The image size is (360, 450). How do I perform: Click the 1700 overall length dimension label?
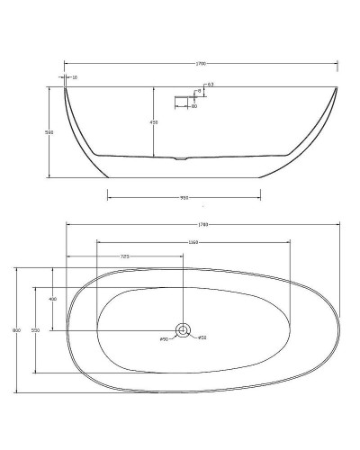pyautogui.click(x=199, y=63)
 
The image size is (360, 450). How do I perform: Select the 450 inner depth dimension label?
pyautogui.click(x=153, y=122)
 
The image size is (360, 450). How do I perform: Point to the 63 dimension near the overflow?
pyautogui.click(x=209, y=85)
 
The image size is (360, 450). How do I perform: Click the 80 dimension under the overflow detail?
pyautogui.click(x=193, y=106)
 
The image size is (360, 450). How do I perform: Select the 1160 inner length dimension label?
pyautogui.click(x=193, y=241)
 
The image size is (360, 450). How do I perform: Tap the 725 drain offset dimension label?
pyautogui.click(x=125, y=256)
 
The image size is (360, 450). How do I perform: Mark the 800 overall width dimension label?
pyautogui.click(x=16, y=330)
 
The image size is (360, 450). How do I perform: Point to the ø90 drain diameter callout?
pyautogui.click(x=165, y=338)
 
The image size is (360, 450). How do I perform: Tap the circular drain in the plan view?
pyautogui.click(x=183, y=330)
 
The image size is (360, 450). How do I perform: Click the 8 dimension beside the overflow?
pyautogui.click(x=198, y=91)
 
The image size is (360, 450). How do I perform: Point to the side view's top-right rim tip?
pyautogui.click(x=337, y=87)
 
